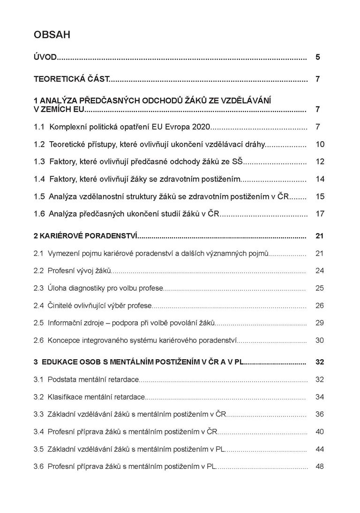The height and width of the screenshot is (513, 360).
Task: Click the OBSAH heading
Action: [x=52, y=35]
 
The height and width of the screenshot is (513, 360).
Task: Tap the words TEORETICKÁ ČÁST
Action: [x=71, y=79]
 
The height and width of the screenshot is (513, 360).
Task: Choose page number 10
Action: [x=320, y=144]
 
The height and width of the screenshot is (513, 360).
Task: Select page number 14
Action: [x=320, y=179]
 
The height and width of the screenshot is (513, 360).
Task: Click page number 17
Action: [x=320, y=214]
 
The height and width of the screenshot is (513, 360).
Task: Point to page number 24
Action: [x=320, y=271]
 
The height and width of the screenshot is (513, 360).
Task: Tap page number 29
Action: [x=320, y=323]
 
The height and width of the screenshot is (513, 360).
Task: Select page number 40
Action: [x=320, y=431]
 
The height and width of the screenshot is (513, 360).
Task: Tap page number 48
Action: [x=320, y=466]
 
